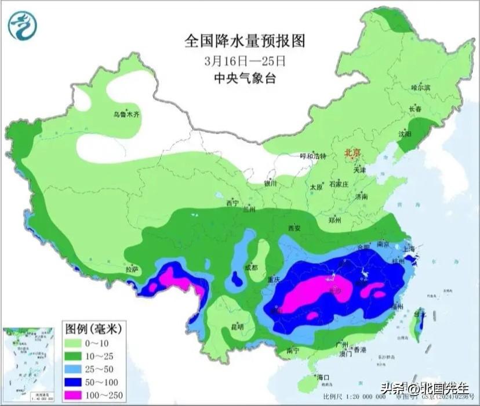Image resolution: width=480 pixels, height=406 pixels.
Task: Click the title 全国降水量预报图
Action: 244,41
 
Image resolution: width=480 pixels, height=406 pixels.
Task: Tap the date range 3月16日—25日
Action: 245,60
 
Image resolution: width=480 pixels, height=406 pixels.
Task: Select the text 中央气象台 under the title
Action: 245,78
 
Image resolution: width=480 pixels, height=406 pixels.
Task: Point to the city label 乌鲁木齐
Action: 127,114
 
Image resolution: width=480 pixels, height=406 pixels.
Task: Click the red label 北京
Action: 352,153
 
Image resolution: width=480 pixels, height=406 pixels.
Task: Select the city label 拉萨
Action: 132,269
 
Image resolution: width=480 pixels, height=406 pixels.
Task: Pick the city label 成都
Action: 250,268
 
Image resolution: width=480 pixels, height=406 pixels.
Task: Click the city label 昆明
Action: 236,326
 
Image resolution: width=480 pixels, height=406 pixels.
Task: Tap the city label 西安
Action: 295,228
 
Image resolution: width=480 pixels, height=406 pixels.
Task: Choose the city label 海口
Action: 322,378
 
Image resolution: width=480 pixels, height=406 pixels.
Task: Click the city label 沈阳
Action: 405,134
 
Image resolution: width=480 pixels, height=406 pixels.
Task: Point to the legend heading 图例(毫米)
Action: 93,329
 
